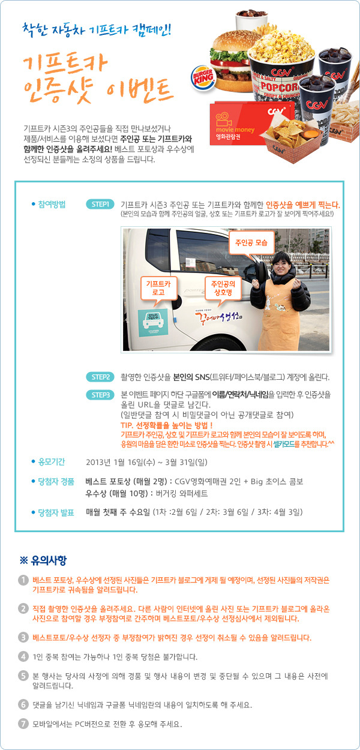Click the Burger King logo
pos(203,77)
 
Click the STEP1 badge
pos(100,204)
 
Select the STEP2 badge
pos(100,377)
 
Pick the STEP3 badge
pos(100,395)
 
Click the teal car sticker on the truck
pos(153,322)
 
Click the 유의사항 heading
pos(43,560)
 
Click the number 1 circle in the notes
pos(23,580)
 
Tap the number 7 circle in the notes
pos(23,724)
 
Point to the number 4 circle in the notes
pos(23,656)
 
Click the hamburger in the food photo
pos(232,62)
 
